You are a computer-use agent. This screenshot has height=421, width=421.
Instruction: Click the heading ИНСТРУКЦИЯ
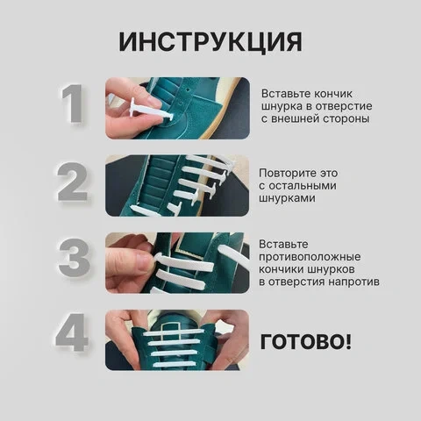click(x=210, y=42)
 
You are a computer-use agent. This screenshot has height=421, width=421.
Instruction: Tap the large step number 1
click(x=72, y=103)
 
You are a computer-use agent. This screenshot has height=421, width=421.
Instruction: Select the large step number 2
click(x=72, y=182)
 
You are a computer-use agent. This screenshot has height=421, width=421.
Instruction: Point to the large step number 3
click(x=74, y=258)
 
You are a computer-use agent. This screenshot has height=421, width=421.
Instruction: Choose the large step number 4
click(x=72, y=332)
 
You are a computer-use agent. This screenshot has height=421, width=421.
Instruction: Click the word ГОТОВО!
click(x=305, y=341)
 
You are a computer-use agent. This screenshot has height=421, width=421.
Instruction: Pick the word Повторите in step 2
click(x=287, y=174)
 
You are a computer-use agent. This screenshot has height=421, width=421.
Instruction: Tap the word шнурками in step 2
click(x=287, y=198)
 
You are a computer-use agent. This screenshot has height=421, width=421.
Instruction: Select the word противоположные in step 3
click(x=310, y=257)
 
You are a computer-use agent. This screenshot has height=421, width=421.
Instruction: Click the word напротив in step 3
click(x=353, y=282)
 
